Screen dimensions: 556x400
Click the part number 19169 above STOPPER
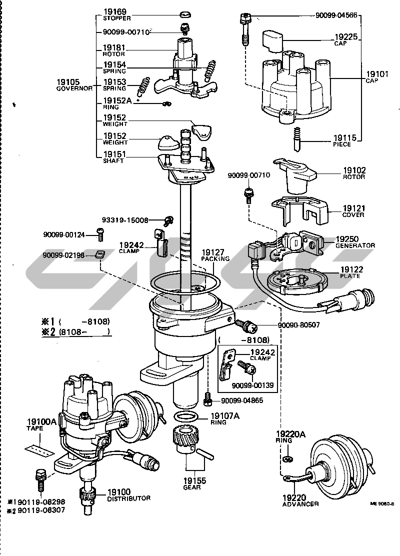coord(114,11)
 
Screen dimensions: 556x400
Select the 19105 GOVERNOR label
coord(74,85)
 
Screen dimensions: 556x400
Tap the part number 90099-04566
coord(336,15)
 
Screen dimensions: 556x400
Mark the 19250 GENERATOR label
coord(355,242)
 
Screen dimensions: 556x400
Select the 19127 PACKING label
coord(215,255)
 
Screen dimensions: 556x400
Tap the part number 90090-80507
coord(293,324)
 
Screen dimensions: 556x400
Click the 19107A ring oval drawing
coord(187,417)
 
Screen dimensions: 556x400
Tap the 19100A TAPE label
coord(41,424)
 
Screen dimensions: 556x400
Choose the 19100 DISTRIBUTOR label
coord(128,495)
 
